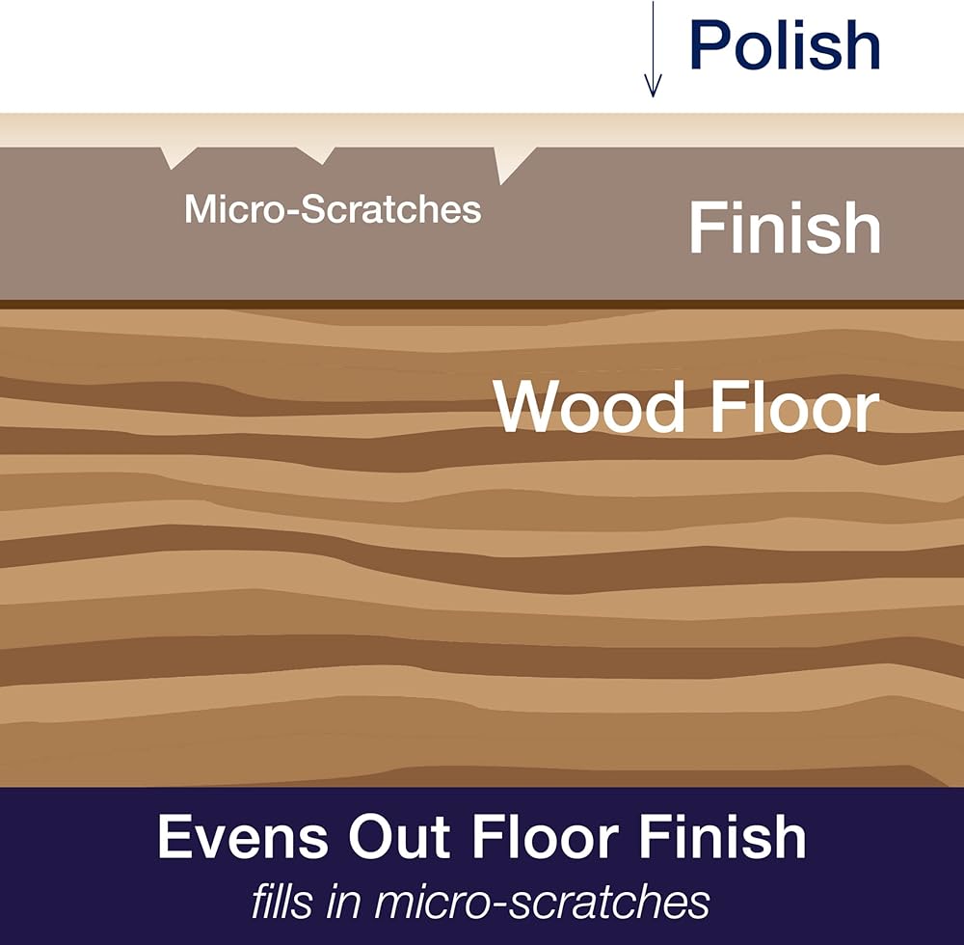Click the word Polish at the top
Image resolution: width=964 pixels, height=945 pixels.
[x=785, y=45]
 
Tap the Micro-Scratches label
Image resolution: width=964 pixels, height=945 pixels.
[x=333, y=209]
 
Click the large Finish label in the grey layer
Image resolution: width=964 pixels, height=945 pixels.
[x=785, y=228]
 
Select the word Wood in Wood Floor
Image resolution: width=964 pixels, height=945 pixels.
[x=589, y=407]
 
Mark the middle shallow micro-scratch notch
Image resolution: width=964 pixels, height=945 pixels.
[x=316, y=154]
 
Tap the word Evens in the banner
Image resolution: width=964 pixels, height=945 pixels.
[x=243, y=836]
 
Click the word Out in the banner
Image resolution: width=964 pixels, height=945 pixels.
[x=400, y=836]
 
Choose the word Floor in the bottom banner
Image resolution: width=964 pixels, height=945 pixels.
[x=546, y=836]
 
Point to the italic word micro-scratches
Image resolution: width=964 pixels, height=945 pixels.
[x=542, y=902]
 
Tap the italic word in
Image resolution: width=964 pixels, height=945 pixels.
[x=342, y=902]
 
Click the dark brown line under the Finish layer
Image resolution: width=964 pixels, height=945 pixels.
[x=482, y=305]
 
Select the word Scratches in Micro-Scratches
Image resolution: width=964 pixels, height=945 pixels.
[x=390, y=209]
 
